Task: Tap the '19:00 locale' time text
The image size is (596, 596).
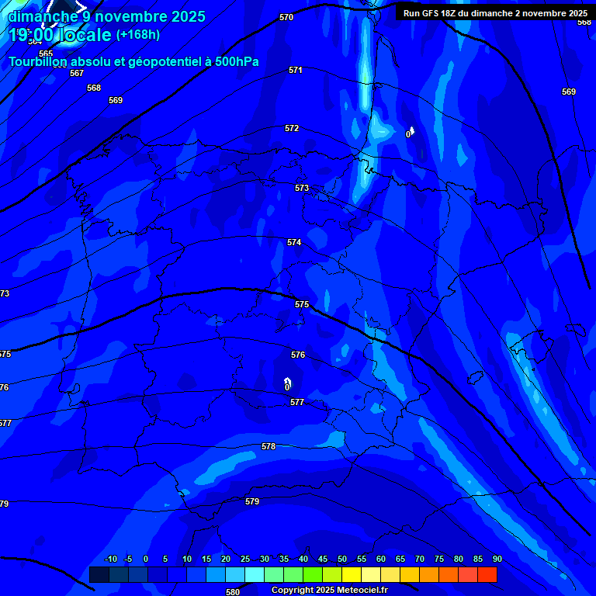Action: click(x=61, y=35)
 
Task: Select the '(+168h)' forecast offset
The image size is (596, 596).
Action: click(x=137, y=35)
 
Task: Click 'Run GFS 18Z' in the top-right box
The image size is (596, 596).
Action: click(x=431, y=13)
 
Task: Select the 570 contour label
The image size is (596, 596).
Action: click(x=286, y=17)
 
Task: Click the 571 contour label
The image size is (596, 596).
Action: click(x=296, y=70)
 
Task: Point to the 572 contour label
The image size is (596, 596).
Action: click(x=292, y=128)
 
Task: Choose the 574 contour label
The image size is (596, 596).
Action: click(x=294, y=243)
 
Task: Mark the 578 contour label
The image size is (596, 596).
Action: click(x=269, y=446)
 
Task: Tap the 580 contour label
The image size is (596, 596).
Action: click(x=233, y=592)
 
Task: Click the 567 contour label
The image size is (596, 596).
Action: click(x=76, y=73)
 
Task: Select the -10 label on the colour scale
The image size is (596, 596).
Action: click(x=110, y=560)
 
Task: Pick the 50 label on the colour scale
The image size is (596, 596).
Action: click(x=342, y=560)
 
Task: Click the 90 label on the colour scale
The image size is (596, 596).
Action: click(x=497, y=560)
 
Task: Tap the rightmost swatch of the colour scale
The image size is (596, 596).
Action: click(x=487, y=574)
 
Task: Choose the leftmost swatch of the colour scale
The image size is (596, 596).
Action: click(x=99, y=574)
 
